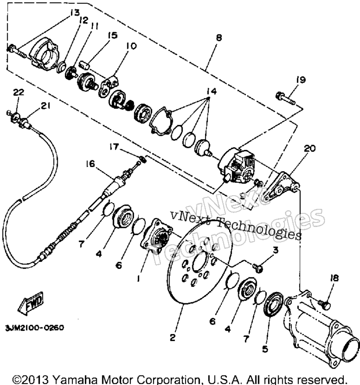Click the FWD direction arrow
(x=31, y=303)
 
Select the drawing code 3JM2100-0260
(x=35, y=328)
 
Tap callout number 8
(x=218, y=38)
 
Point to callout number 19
(x=300, y=80)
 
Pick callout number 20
(x=310, y=148)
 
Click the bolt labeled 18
(x=325, y=305)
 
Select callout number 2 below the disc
(x=173, y=338)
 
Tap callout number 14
(x=212, y=91)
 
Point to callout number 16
(x=90, y=163)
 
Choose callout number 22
(x=19, y=92)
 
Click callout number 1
(x=139, y=278)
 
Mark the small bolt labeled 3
(x=258, y=267)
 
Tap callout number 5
(x=265, y=349)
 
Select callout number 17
(x=114, y=147)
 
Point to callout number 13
(x=75, y=13)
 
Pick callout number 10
(x=131, y=46)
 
